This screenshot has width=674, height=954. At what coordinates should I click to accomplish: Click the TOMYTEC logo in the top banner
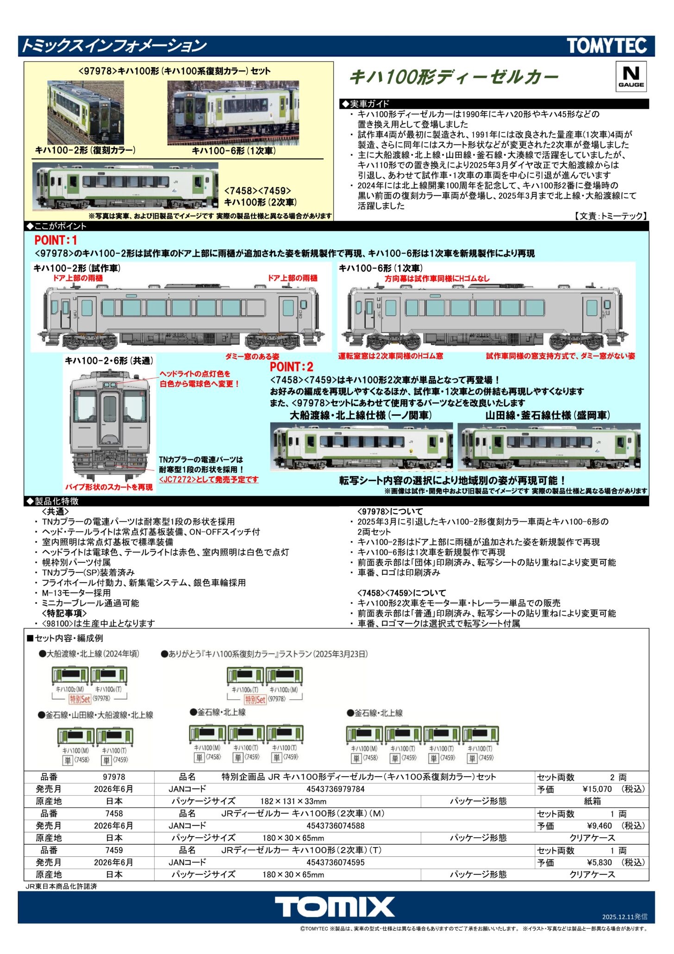tap(607, 46)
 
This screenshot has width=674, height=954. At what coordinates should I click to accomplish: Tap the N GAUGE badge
tap(631, 77)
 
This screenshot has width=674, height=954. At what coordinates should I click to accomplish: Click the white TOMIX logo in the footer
tap(335, 906)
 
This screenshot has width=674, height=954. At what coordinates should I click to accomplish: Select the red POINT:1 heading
tap(56, 240)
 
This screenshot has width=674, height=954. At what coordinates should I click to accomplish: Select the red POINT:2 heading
tap(292, 367)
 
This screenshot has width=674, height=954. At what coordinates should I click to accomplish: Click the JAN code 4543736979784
tap(336, 789)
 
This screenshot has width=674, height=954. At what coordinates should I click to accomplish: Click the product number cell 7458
tap(114, 813)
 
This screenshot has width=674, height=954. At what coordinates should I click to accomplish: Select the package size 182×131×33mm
tap(293, 801)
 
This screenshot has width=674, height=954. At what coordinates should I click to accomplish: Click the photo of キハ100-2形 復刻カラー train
tap(86, 113)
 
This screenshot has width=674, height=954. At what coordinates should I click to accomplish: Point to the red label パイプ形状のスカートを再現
tap(109, 487)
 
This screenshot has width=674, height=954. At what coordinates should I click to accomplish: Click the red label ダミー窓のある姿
tap(252, 356)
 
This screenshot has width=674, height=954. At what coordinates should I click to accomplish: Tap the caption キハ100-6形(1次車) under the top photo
tap(234, 151)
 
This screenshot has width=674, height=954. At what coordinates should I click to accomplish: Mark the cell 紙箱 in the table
tap(592, 801)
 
